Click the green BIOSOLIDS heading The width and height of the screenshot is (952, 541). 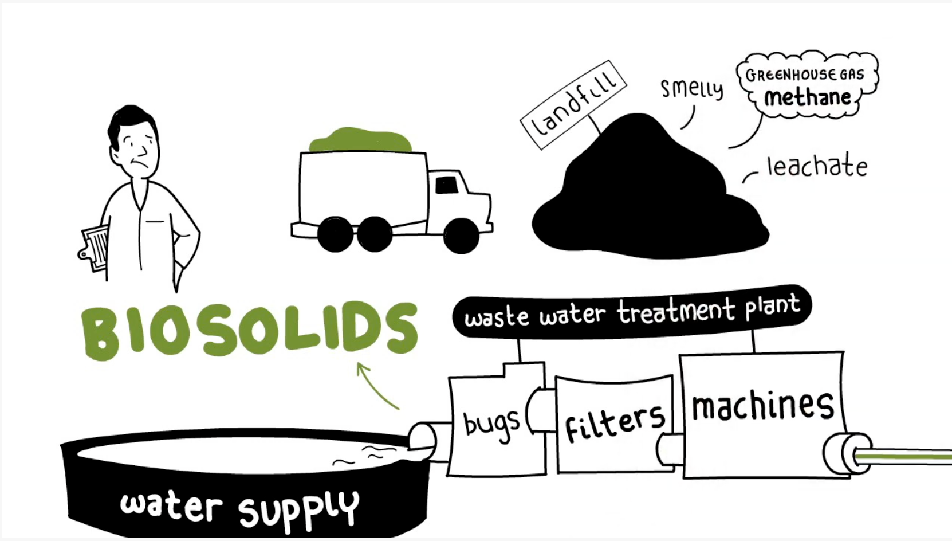[x=250, y=330]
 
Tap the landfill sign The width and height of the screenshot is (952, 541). [x=573, y=105]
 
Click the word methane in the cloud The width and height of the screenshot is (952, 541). [x=808, y=97]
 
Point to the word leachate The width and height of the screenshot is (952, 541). [x=817, y=166]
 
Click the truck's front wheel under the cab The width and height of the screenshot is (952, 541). [x=461, y=236]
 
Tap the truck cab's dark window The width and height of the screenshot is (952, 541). [x=446, y=185]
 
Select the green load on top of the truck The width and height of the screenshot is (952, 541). [x=360, y=139]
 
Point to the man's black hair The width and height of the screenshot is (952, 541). [x=129, y=123]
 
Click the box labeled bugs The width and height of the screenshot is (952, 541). [x=497, y=420]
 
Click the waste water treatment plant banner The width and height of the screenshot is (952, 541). [x=632, y=312]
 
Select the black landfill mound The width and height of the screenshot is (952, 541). [x=650, y=187]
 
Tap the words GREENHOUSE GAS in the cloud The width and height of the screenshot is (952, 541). [x=805, y=75]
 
